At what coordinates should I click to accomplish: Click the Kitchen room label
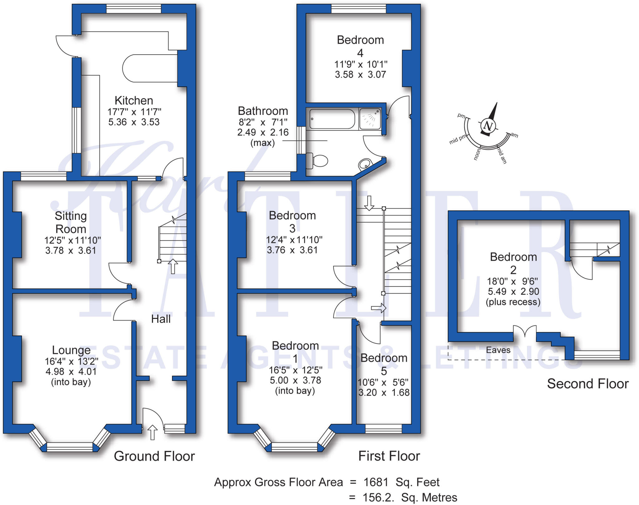134,101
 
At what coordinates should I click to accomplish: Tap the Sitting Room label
71,222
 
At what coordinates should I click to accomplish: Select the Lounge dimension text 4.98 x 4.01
71,372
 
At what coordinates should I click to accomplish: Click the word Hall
161,319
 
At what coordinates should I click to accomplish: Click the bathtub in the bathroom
332,119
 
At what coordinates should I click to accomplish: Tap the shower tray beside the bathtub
370,119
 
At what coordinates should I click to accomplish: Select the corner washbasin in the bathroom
365,163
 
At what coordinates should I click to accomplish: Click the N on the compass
488,126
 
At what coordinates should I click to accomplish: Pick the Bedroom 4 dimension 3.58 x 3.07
360,75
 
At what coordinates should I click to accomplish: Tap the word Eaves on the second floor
498,350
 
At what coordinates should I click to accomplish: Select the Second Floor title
588,384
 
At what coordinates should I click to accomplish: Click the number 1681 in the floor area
376,483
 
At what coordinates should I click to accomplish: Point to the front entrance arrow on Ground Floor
152,432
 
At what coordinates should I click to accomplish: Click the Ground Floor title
154,456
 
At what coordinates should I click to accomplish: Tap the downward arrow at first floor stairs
369,203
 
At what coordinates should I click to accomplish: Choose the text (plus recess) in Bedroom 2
513,302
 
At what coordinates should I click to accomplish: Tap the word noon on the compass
476,155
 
